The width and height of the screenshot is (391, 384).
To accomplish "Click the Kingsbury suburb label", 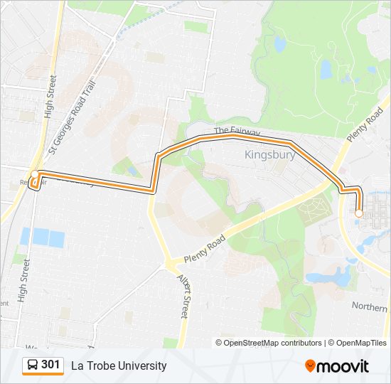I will [269, 154].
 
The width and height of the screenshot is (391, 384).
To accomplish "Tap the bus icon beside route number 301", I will [33, 366].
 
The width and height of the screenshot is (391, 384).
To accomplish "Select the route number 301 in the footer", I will [50, 365].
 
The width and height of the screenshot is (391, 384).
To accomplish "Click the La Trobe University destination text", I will [119, 366].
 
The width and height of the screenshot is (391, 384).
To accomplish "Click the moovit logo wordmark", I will [343, 366].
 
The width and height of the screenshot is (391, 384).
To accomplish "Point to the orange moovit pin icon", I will [310, 366].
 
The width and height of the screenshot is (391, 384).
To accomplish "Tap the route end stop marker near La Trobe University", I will [358, 213].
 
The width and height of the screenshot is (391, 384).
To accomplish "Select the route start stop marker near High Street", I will [34, 174].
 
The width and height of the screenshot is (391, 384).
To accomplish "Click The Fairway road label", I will [237, 132].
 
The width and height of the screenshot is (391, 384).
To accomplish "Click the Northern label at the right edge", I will [370, 305].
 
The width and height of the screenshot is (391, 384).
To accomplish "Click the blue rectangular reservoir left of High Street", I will [42, 238].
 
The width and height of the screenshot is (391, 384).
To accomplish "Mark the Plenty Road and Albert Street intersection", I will [171, 265].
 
